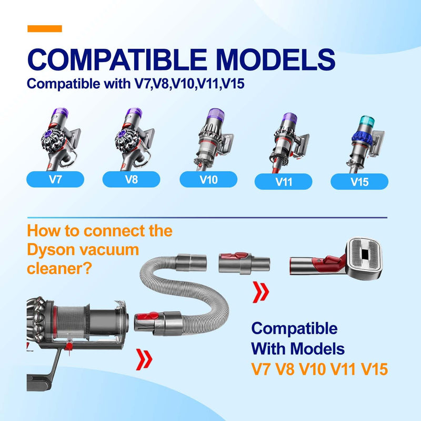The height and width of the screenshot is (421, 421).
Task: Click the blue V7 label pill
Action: (x=55, y=179)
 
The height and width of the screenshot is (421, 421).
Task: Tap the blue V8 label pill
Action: (x=131, y=179)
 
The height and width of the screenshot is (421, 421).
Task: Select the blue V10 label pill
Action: (x=208, y=179)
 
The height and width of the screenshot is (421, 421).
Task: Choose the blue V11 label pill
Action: (x=283, y=182)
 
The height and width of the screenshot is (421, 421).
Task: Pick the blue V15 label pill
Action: (x=359, y=182)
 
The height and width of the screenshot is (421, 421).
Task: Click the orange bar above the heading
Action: (x=45, y=28)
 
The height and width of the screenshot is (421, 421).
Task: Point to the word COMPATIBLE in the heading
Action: (x=117, y=59)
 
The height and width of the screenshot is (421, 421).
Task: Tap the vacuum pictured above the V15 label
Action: (x=365, y=144)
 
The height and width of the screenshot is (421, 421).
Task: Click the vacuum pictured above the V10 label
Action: (x=214, y=139)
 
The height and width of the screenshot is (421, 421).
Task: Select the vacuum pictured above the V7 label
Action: (x=61, y=139)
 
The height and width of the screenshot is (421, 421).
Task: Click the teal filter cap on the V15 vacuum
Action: (x=366, y=122)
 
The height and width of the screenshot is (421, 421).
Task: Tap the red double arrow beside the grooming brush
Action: (x=260, y=292)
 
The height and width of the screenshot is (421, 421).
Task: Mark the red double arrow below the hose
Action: (x=144, y=359)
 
